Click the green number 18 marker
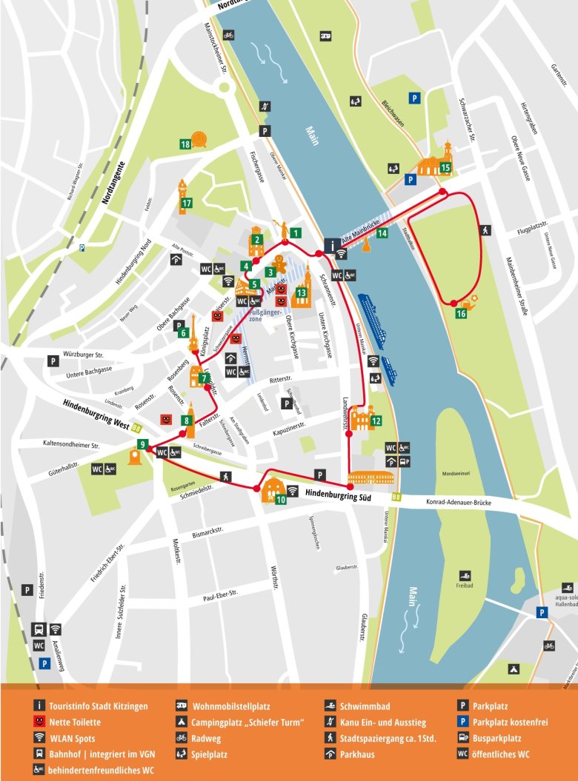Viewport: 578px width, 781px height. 186,144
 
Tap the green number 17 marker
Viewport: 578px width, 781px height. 187,203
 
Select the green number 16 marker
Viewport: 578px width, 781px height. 461,314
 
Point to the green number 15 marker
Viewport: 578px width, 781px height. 445,167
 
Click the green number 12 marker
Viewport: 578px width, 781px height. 376,421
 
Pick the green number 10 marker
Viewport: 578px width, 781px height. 281,500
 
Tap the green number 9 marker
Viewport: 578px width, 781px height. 141,444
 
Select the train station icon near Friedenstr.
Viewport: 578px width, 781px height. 39,629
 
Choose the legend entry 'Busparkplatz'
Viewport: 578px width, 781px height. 496,738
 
